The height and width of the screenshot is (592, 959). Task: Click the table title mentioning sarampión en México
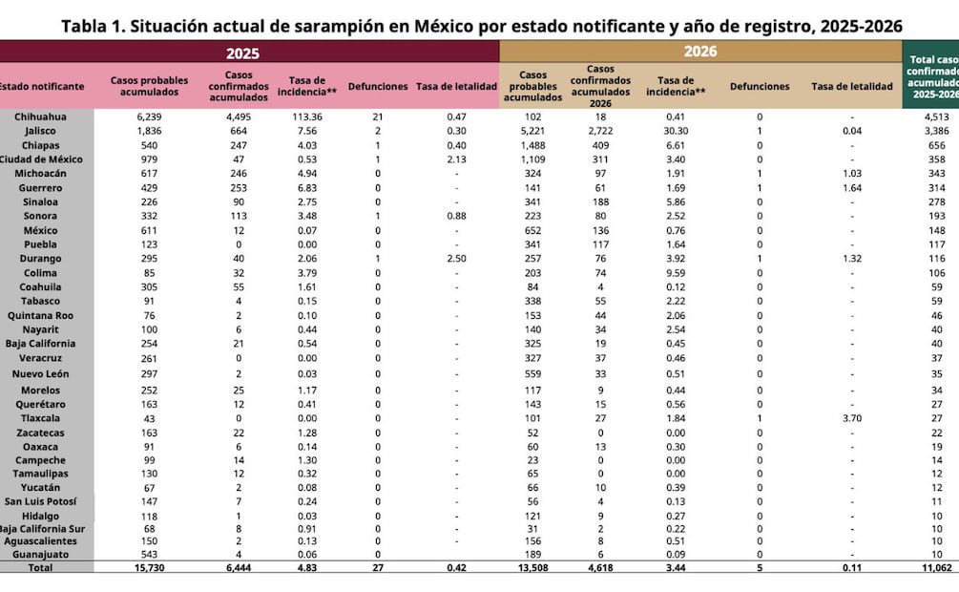[482, 25]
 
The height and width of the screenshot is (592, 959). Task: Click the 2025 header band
[243, 53]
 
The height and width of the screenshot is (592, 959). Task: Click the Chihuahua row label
[40, 116]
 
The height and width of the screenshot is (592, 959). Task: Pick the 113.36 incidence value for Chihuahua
[306, 116]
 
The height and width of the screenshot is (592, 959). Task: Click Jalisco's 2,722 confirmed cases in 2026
[600, 131]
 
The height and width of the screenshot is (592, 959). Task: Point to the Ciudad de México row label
[42, 159]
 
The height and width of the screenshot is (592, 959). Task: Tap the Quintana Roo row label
[40, 315]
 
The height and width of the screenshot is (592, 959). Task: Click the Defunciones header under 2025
[378, 87]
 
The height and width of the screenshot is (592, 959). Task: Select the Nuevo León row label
[40, 374]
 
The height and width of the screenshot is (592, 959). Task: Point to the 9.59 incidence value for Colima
[676, 273]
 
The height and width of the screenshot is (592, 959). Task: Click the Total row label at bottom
[40, 567]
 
